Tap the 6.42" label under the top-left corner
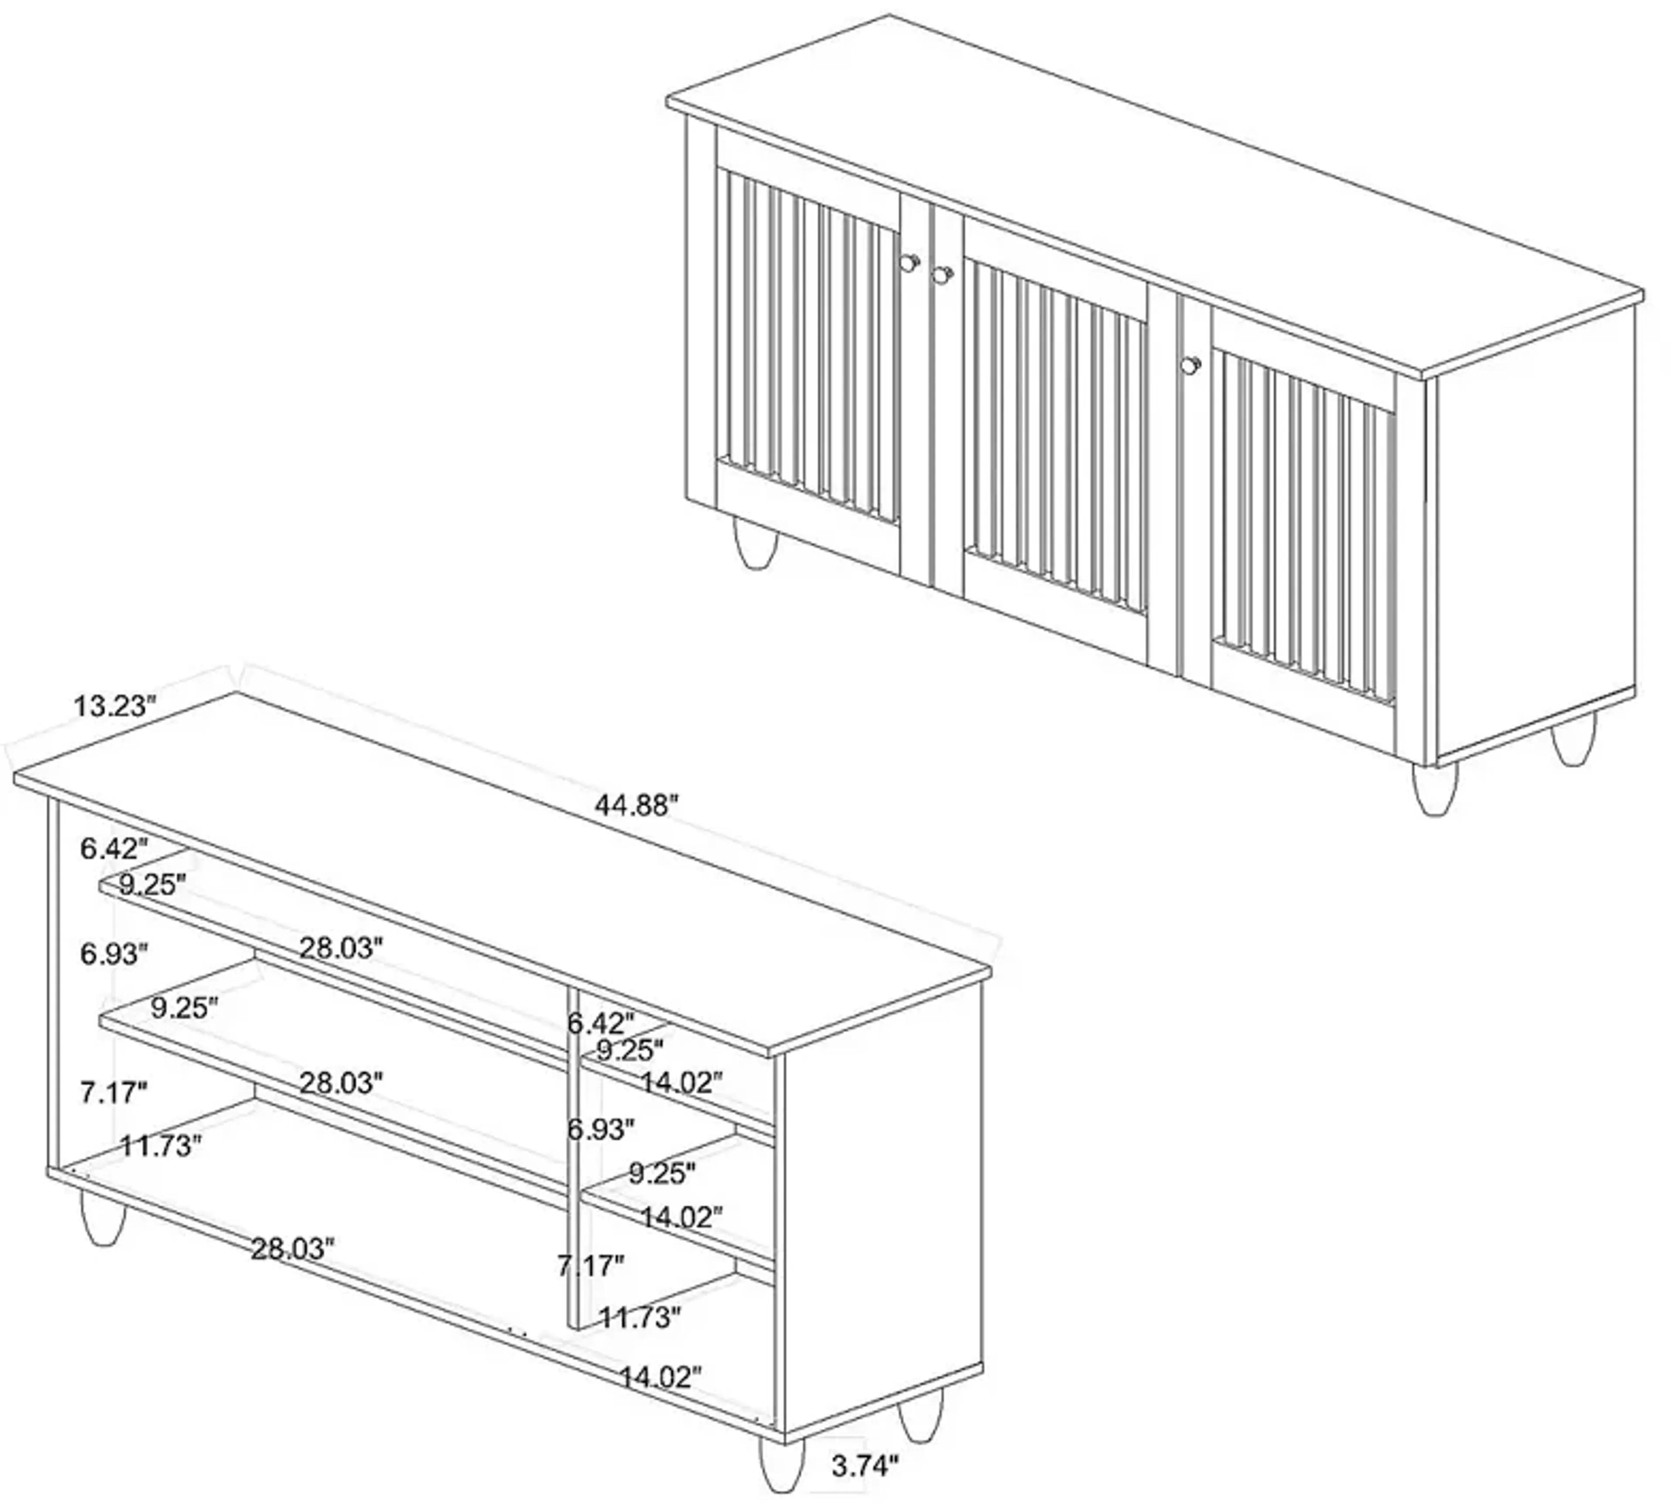tap(113, 849)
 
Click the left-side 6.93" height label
tap(113, 954)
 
